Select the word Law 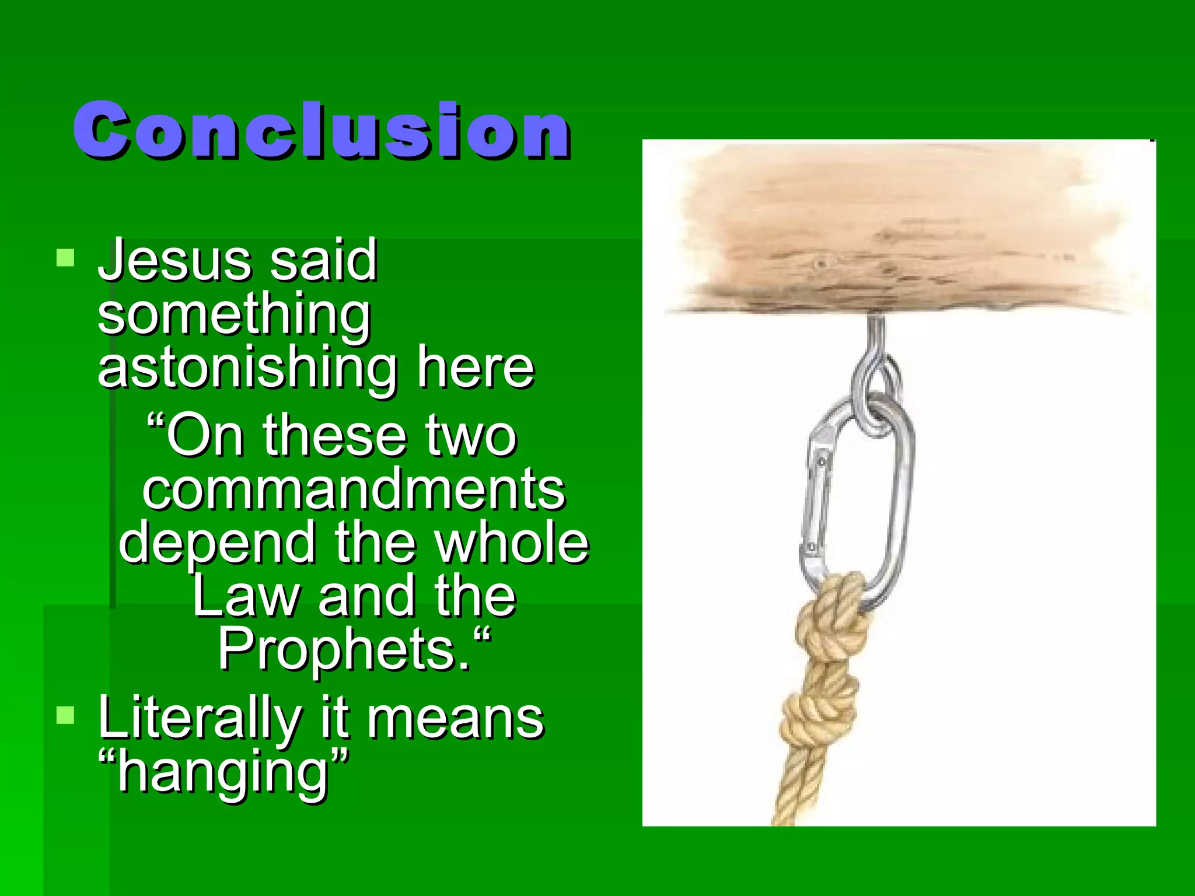coord(246,596)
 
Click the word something coord(234,315)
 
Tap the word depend coord(217,542)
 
